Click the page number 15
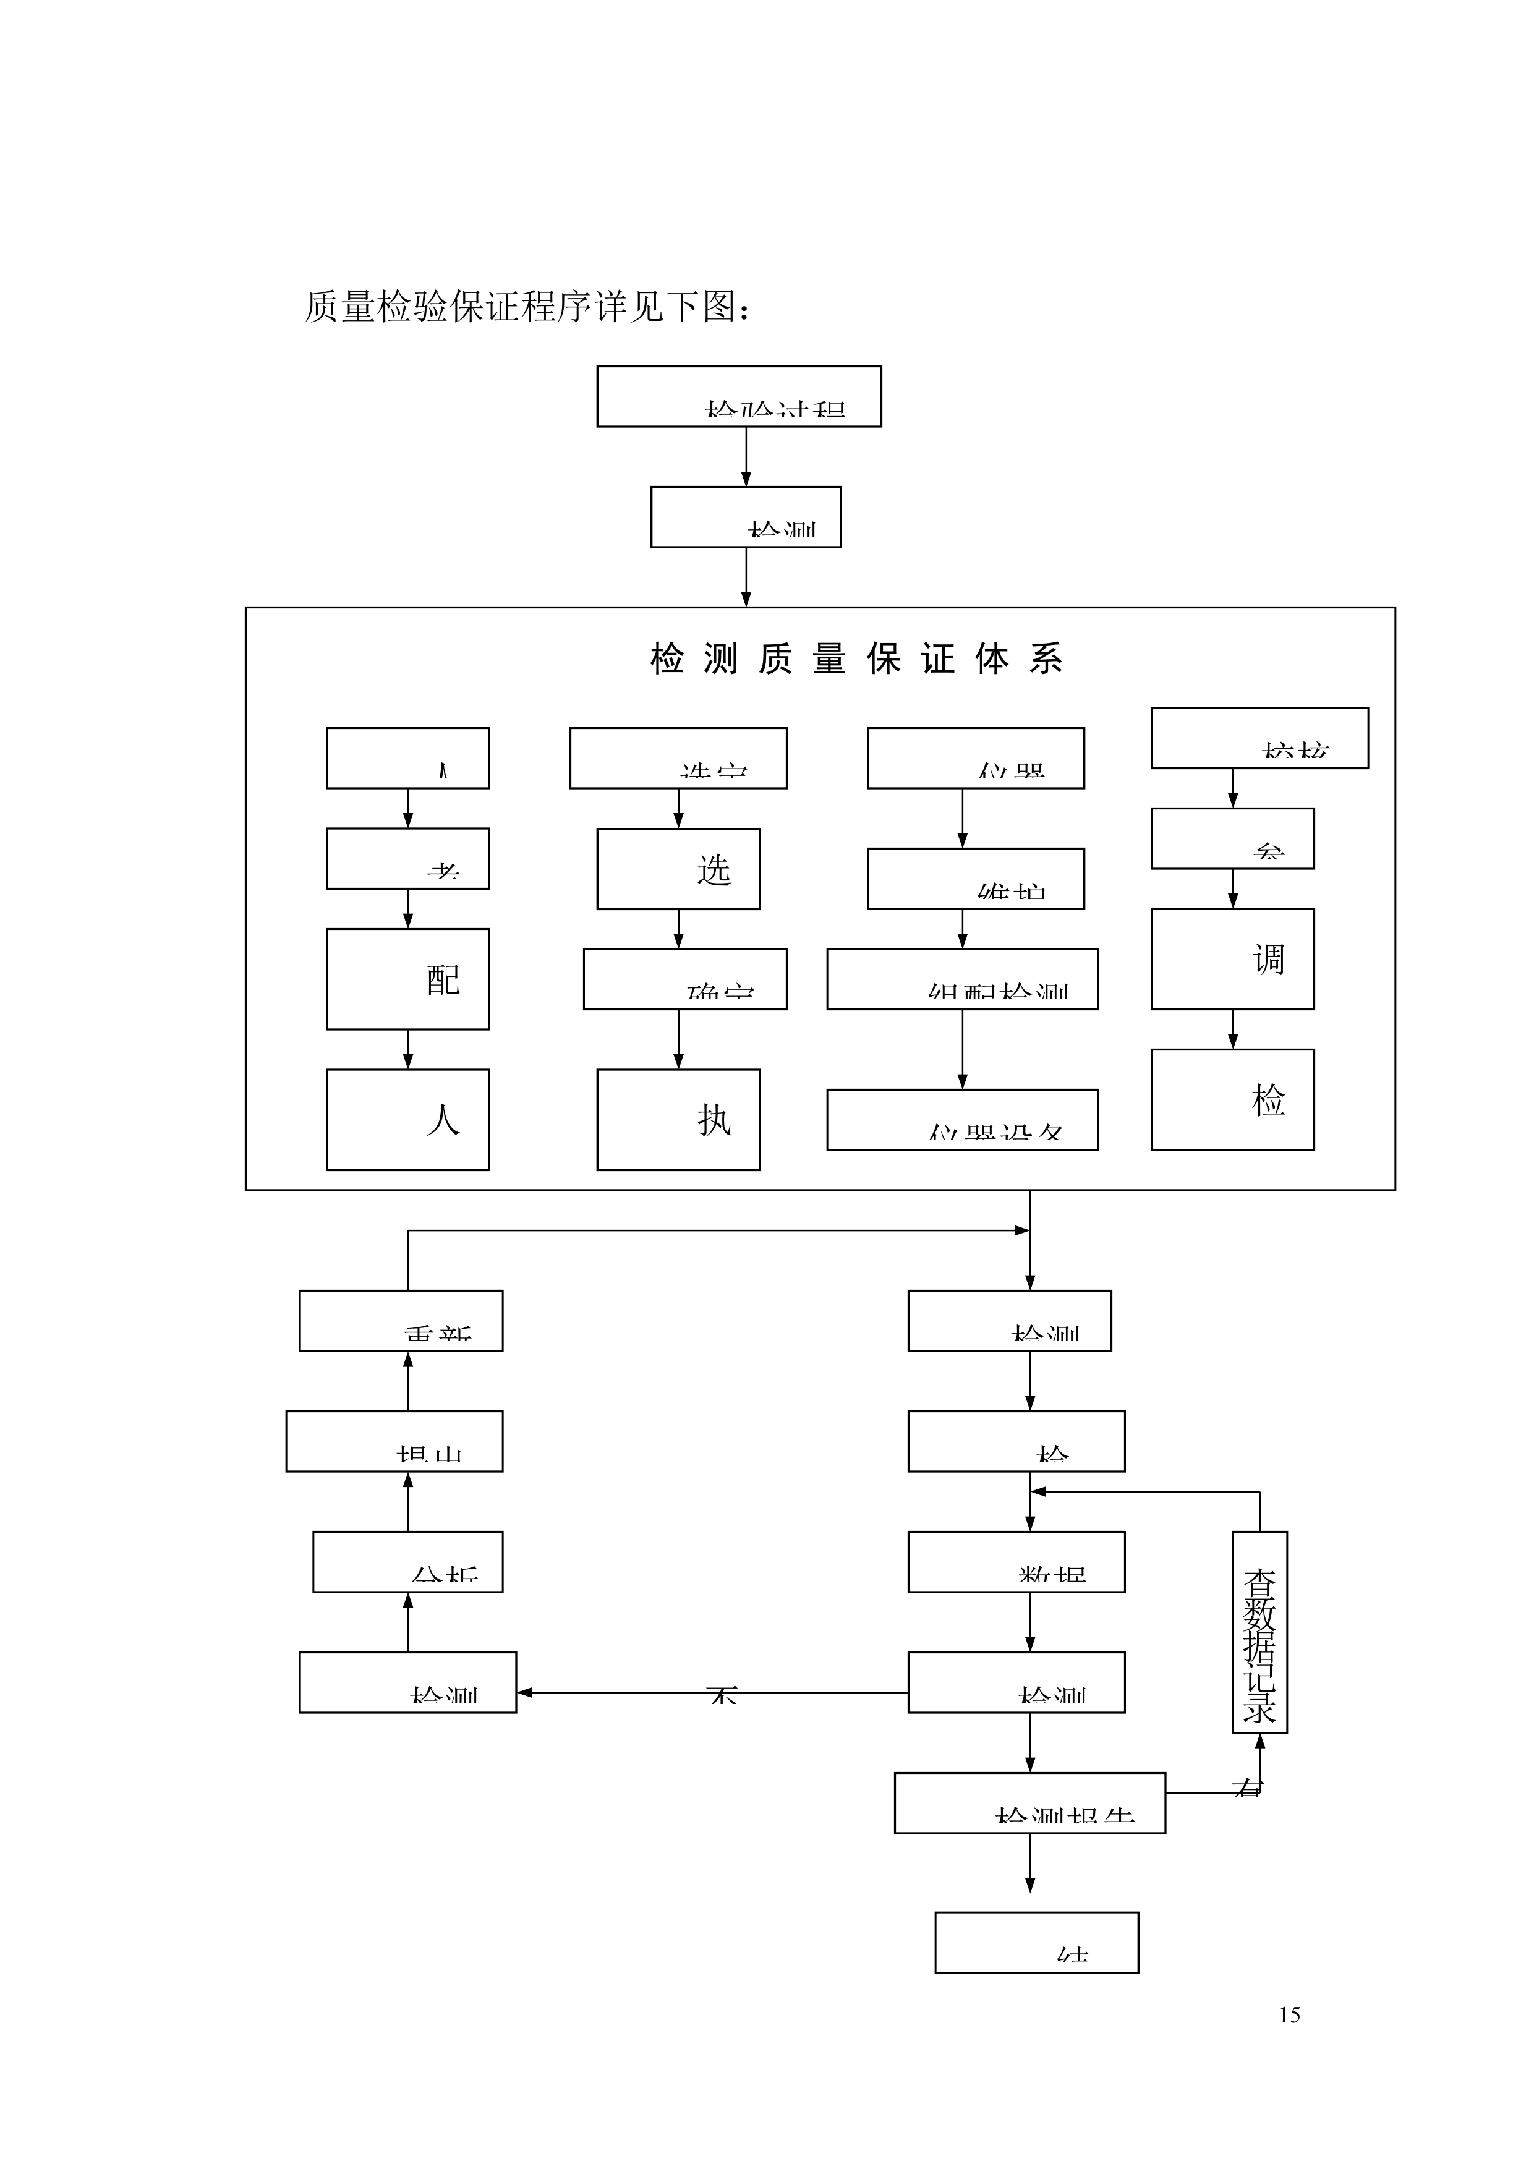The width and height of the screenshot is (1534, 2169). [1289, 2015]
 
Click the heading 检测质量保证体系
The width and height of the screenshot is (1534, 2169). [856, 658]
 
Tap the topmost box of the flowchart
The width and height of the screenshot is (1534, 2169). [739, 397]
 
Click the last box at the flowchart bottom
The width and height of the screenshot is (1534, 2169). [1036, 1942]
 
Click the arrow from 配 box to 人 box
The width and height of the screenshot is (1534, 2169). [408, 1049]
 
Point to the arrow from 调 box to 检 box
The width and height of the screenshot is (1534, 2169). [1233, 1029]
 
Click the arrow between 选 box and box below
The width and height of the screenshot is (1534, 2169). [678, 929]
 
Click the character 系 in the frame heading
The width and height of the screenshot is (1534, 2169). [1047, 658]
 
